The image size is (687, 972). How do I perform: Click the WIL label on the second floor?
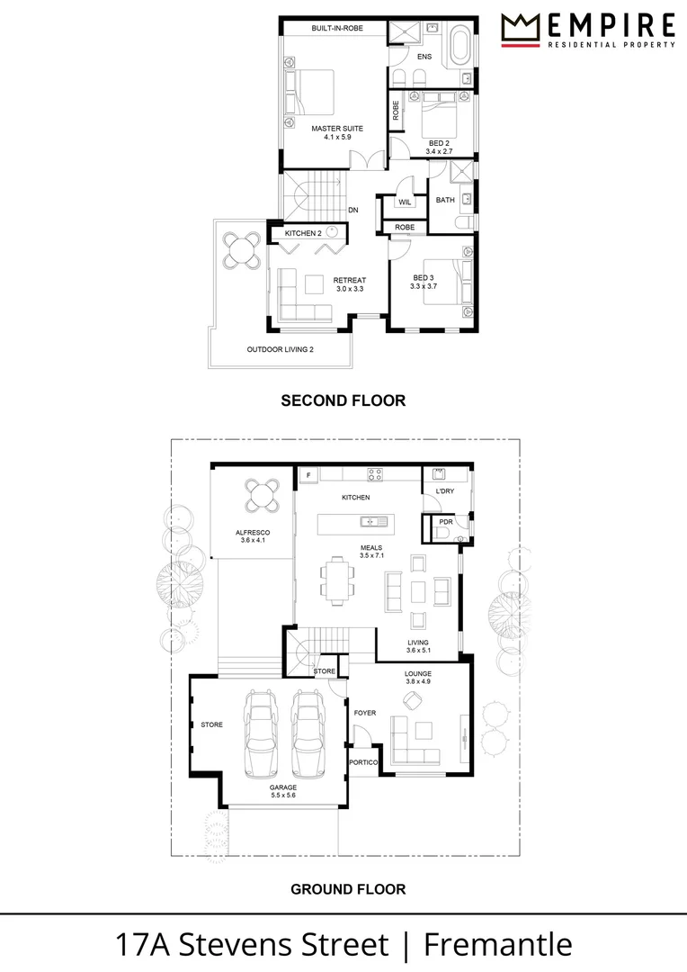tap(405, 202)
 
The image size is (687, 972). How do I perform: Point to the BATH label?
tap(445, 200)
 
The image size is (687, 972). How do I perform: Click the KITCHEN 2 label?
tap(303, 233)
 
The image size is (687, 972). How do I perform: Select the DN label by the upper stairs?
tap(353, 210)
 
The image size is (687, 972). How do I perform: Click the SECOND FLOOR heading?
tap(343, 400)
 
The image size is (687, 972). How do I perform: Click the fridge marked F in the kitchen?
tap(308, 474)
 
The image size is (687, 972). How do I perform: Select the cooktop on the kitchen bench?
tap(375, 473)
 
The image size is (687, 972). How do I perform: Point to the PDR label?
tap(445, 522)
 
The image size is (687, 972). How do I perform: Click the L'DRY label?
tap(445, 491)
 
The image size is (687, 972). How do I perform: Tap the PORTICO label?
tap(363, 762)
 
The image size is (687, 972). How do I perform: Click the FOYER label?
tap(364, 713)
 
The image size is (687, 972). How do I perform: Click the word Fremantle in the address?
tap(498, 945)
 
